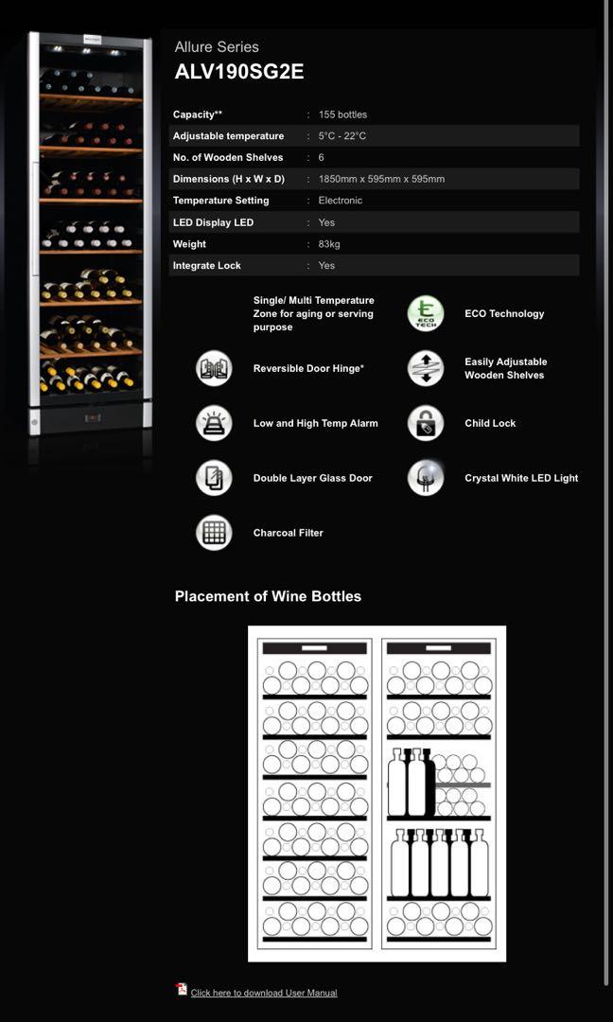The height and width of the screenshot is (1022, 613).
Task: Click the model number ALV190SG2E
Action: [x=239, y=72]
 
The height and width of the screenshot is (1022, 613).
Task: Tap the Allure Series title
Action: [x=217, y=46]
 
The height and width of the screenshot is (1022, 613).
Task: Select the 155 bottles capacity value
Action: [x=342, y=115]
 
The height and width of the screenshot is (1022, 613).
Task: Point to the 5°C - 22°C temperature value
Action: [x=342, y=136]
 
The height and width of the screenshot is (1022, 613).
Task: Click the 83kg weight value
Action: [x=329, y=244]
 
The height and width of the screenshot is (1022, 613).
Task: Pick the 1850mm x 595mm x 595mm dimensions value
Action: [x=381, y=179]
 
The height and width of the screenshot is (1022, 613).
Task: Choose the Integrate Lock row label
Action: [x=207, y=266]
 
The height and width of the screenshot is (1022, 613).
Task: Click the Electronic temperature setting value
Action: [x=341, y=201]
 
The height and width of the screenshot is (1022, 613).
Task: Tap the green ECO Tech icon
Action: [x=426, y=313]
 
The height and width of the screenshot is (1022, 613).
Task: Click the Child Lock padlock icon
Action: [x=426, y=423]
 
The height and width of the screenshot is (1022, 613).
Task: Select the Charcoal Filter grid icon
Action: [x=214, y=533]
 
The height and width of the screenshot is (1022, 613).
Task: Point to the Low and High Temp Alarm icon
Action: [x=214, y=423]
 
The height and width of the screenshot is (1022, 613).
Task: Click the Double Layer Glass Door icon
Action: [x=214, y=478]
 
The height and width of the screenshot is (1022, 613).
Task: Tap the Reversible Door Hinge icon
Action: [x=214, y=368]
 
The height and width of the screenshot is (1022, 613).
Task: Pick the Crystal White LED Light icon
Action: [x=426, y=478]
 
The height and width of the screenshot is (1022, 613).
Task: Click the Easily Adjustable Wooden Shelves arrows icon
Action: [x=426, y=368]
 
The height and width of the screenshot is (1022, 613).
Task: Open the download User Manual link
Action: [x=264, y=993]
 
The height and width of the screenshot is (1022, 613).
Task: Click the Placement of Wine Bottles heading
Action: [x=268, y=596]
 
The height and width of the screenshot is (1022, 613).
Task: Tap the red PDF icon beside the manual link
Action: [x=182, y=989]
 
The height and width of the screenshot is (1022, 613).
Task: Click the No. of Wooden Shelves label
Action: [x=228, y=157]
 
